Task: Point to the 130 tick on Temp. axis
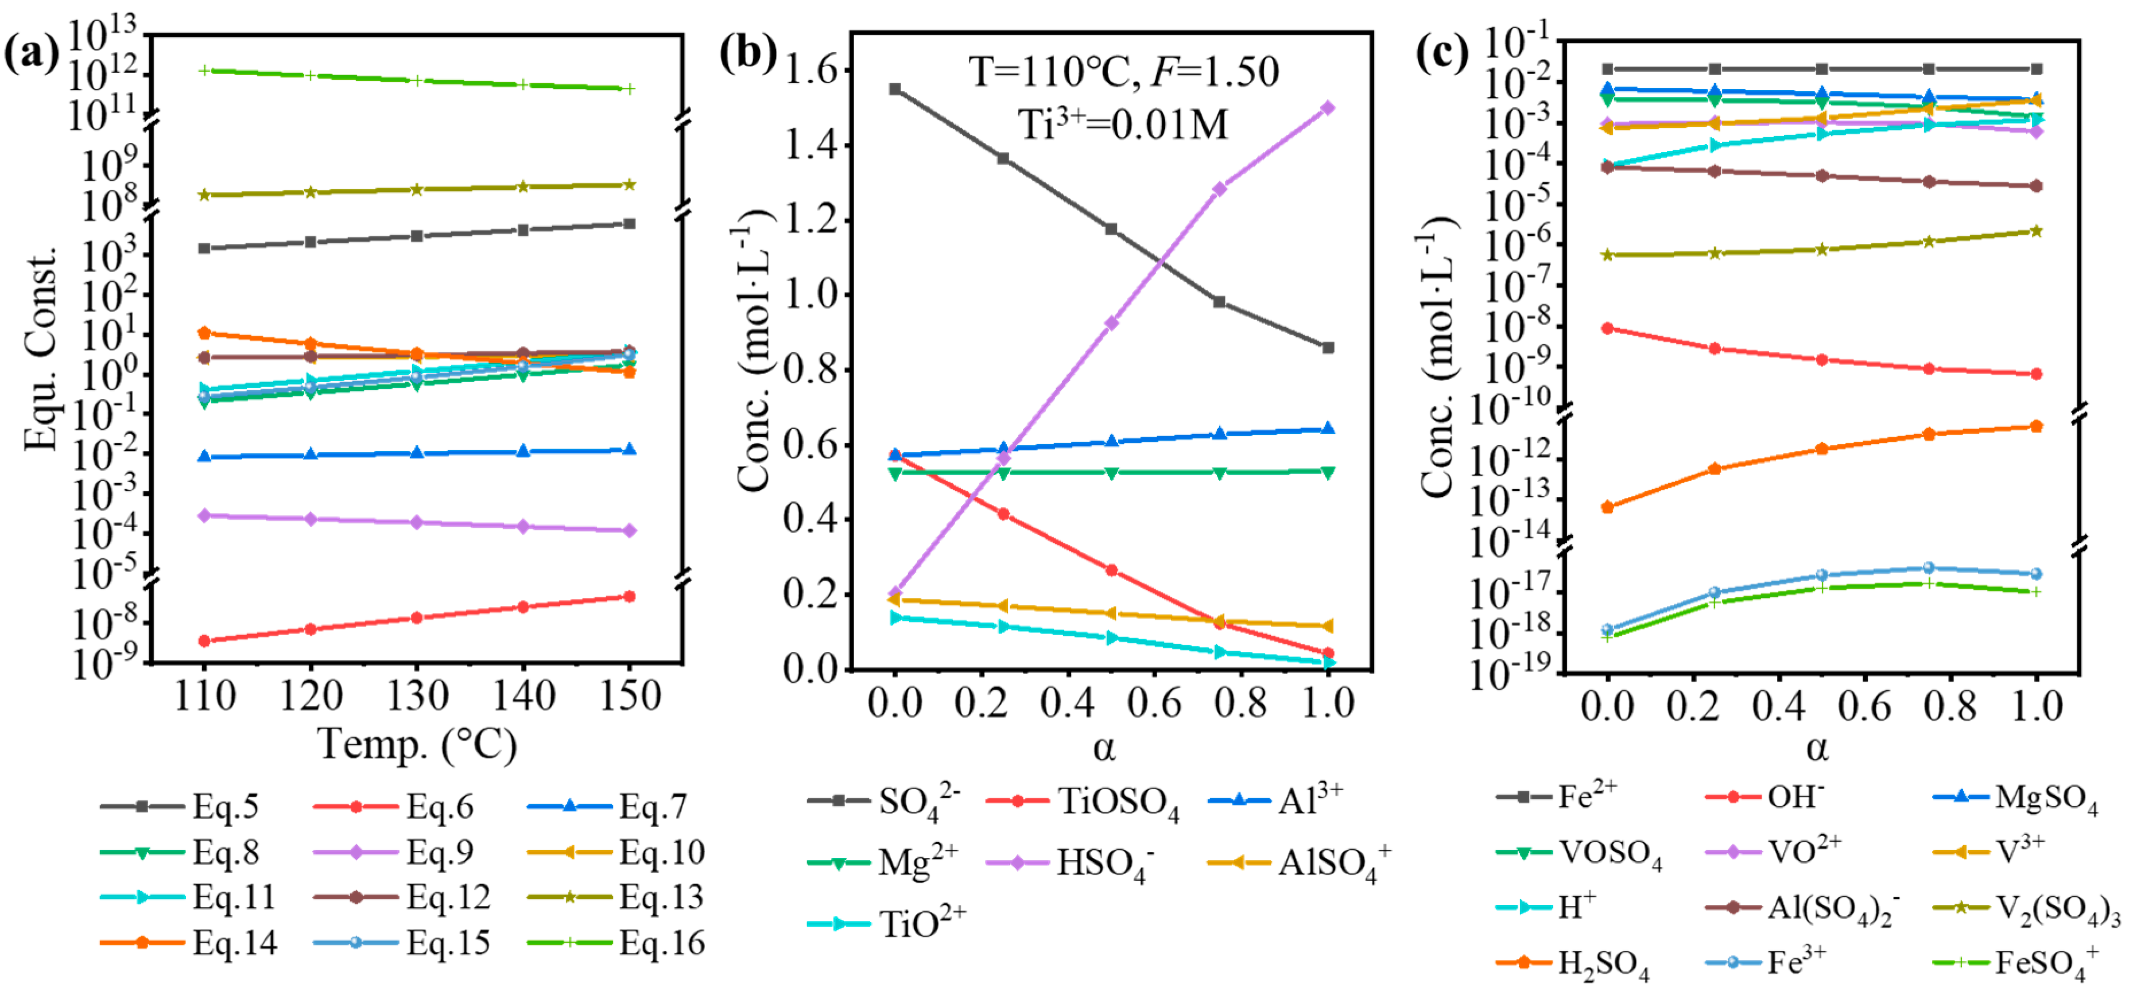coord(417,695)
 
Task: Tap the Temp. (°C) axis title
coord(417,744)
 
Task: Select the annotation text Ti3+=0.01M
coord(1122,125)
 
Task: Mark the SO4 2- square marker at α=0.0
coord(895,89)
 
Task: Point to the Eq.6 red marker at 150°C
coord(630,596)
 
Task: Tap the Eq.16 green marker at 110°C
coord(205,71)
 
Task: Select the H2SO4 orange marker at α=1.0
coord(2036,426)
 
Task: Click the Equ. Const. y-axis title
coord(40,348)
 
